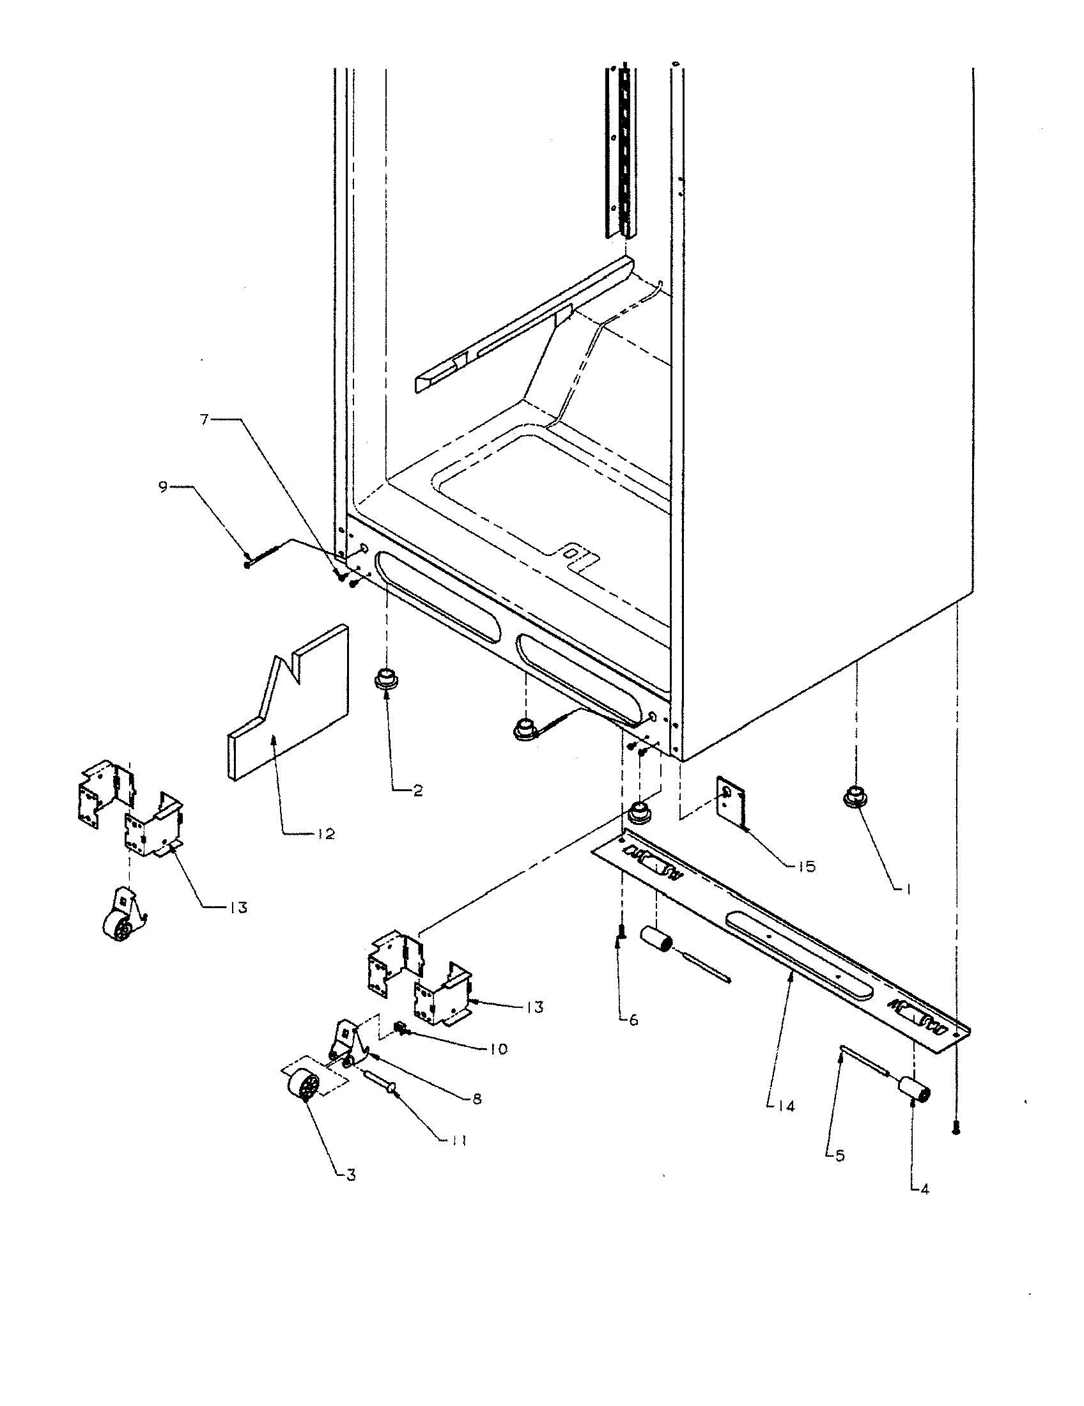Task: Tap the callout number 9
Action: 162,487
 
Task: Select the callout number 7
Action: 204,420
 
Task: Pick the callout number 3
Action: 350,1175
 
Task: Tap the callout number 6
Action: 633,1021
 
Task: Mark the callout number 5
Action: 839,1155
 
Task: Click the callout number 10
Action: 498,1049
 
